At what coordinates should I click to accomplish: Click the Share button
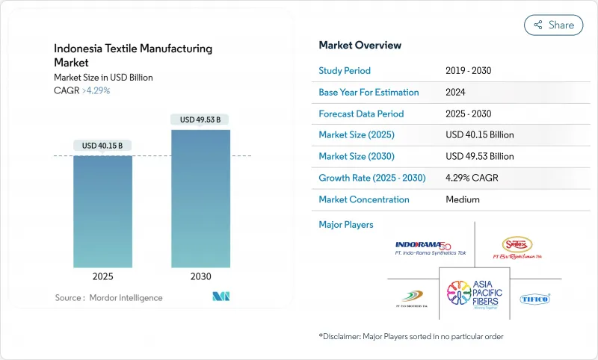(x=554, y=25)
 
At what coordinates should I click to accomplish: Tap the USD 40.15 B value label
(x=103, y=145)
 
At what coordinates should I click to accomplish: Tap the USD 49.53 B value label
(x=200, y=120)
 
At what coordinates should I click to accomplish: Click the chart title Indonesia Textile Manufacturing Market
(x=133, y=55)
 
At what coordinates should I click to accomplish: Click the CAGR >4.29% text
(x=82, y=90)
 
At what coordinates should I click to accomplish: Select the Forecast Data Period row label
(x=361, y=114)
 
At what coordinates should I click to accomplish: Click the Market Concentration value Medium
(x=462, y=199)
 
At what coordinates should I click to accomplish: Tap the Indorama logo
(x=423, y=248)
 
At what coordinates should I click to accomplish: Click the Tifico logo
(x=534, y=299)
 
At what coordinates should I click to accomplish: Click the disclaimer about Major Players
(x=410, y=337)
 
